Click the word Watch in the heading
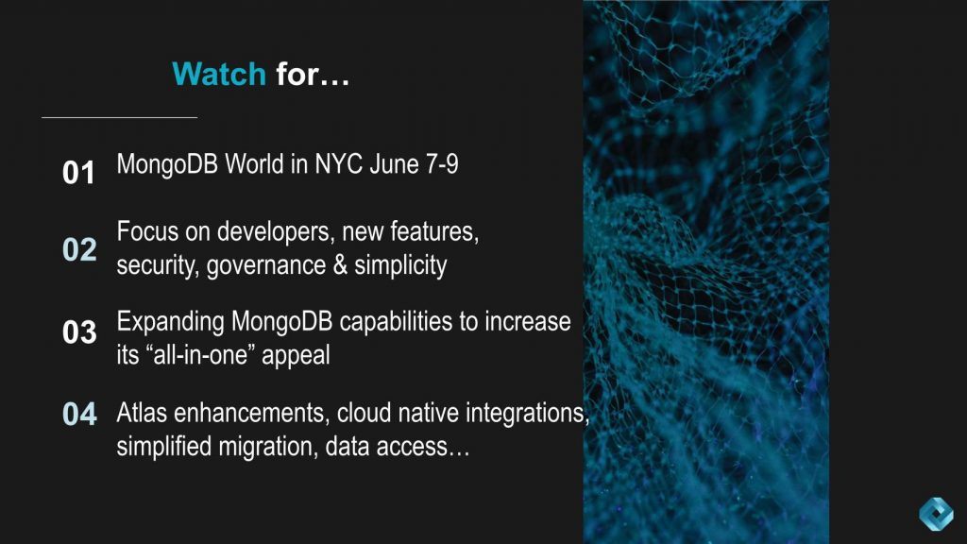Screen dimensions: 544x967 coord(219,74)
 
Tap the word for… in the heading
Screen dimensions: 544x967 coord(313,74)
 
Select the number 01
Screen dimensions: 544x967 coord(79,173)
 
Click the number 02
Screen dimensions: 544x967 coord(79,249)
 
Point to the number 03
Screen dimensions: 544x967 coord(79,332)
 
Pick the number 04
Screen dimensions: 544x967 coord(79,414)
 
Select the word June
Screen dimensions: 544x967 coord(396,164)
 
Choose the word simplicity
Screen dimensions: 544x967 coord(400,265)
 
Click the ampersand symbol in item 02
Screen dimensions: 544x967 coord(340,265)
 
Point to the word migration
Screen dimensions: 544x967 coord(267,446)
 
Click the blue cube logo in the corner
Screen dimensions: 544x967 coord(936,514)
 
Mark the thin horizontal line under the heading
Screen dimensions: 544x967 coord(119,118)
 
